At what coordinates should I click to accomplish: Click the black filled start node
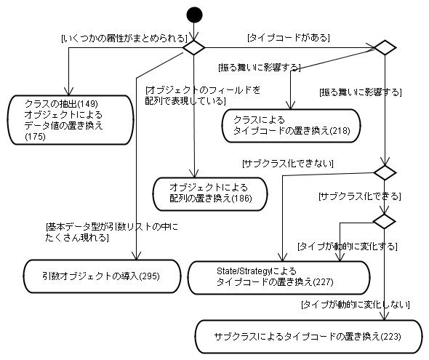point(194,15)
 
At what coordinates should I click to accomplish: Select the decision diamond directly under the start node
point(193,47)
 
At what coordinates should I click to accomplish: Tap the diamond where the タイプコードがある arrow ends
point(385,47)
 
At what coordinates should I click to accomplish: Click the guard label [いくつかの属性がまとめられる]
point(124,38)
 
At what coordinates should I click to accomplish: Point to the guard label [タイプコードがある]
point(289,37)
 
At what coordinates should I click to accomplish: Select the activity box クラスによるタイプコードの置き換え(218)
point(291,126)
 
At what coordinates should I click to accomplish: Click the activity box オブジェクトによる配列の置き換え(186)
point(210,194)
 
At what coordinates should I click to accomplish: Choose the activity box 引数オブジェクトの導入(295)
point(102,276)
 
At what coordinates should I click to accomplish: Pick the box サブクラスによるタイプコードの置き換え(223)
point(309,337)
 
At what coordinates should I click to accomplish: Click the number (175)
point(35,137)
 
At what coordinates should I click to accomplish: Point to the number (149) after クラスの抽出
point(87,104)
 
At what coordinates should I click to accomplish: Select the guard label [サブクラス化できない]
point(288,164)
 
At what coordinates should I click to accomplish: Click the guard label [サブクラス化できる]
point(360,196)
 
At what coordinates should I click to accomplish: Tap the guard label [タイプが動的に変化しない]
point(356,305)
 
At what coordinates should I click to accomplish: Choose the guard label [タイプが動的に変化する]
point(348,247)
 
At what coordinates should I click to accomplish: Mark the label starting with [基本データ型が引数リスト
point(112,232)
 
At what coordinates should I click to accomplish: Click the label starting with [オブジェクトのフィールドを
point(202,95)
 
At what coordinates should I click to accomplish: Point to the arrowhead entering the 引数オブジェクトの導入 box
point(136,256)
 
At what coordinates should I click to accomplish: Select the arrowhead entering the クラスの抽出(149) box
point(68,92)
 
